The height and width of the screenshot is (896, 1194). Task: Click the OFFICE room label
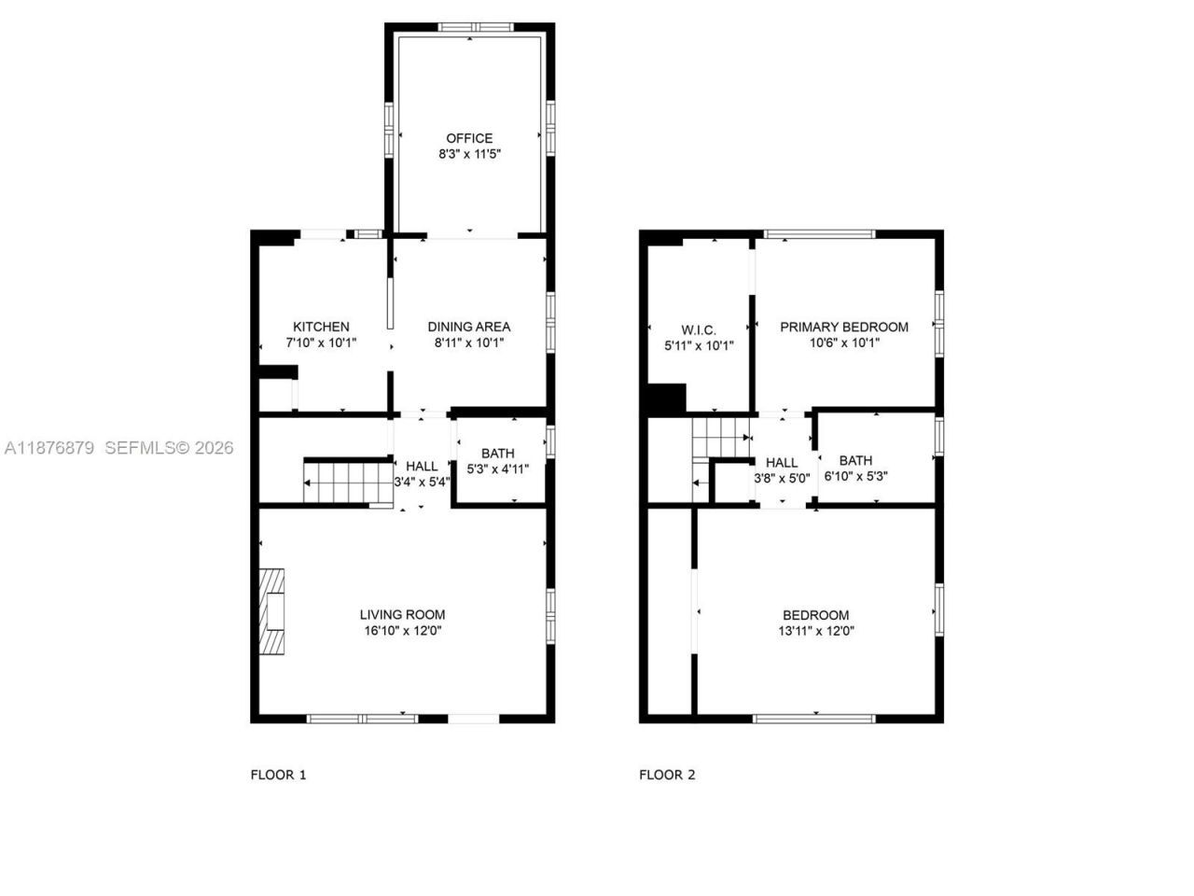(469, 138)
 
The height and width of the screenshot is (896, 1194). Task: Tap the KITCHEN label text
(321, 327)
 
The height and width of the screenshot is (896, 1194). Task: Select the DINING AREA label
(468, 327)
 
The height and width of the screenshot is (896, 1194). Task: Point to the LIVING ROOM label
(402, 614)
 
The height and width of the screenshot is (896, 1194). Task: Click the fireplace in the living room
(273, 613)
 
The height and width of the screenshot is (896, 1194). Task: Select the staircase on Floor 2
(720, 437)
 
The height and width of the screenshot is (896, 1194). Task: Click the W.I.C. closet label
(698, 329)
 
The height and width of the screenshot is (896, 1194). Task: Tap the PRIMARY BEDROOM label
(843, 327)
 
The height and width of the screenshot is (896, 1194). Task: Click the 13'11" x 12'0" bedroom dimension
(815, 631)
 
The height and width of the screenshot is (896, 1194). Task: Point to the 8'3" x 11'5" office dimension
(469, 155)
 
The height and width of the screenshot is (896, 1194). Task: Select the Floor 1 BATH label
(497, 454)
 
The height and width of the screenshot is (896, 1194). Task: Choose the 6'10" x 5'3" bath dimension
(855, 476)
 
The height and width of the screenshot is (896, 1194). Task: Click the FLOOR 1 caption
(278, 775)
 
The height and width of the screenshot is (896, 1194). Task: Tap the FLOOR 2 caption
(667, 775)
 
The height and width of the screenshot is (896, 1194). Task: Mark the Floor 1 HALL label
(422, 467)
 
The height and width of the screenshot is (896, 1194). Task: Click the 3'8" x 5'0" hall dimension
(782, 478)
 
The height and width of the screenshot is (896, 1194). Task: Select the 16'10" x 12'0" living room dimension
(402, 631)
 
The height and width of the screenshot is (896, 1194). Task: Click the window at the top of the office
(475, 26)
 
